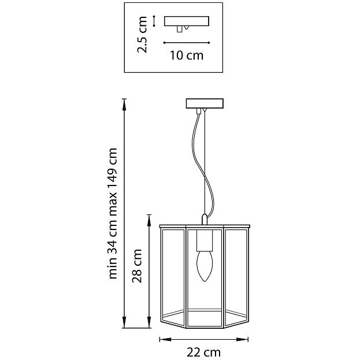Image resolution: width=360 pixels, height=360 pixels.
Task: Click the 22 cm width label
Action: [203, 352]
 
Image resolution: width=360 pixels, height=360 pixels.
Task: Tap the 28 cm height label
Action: [137, 266]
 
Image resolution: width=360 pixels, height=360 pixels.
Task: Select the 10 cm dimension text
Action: [187, 55]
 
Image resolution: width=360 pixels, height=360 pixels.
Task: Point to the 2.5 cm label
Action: [142, 35]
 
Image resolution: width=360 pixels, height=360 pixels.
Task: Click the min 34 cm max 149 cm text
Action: [113, 214]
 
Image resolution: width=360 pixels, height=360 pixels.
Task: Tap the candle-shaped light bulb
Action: [205, 266]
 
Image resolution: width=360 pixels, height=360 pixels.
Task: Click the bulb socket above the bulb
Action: [205, 240]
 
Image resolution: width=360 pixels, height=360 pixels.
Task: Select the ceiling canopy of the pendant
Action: [205, 103]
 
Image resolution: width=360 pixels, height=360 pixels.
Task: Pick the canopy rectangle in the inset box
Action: [187, 21]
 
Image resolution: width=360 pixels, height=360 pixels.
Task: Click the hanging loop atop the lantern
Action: [205, 219]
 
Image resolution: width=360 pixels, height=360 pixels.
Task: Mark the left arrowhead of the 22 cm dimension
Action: [165, 339]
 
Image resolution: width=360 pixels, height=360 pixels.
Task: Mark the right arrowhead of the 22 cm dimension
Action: [243, 339]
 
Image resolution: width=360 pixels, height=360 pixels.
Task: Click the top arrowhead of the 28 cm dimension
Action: [149, 221]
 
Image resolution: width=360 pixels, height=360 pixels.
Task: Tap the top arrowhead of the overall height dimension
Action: [124, 105]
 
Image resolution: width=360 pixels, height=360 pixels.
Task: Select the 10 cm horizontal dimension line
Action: [187, 43]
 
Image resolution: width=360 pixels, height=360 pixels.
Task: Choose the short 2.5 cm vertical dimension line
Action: [154, 21]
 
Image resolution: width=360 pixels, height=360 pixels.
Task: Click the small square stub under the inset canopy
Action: [180, 29]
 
